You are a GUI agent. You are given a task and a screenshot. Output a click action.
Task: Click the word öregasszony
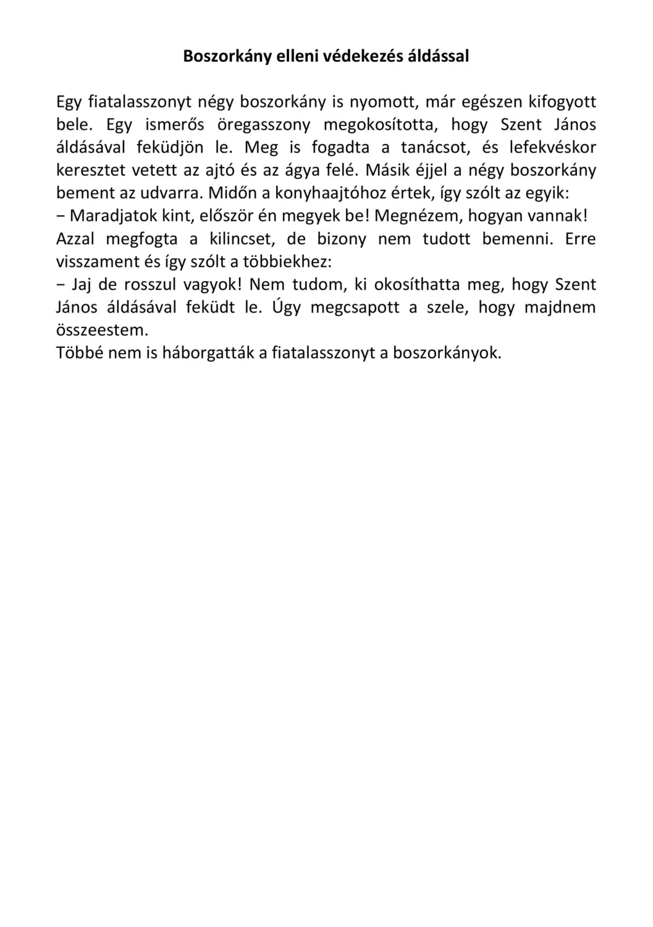(264, 125)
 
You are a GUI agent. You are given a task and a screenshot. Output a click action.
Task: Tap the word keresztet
(91, 171)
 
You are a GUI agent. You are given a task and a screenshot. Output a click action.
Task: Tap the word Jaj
(82, 285)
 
